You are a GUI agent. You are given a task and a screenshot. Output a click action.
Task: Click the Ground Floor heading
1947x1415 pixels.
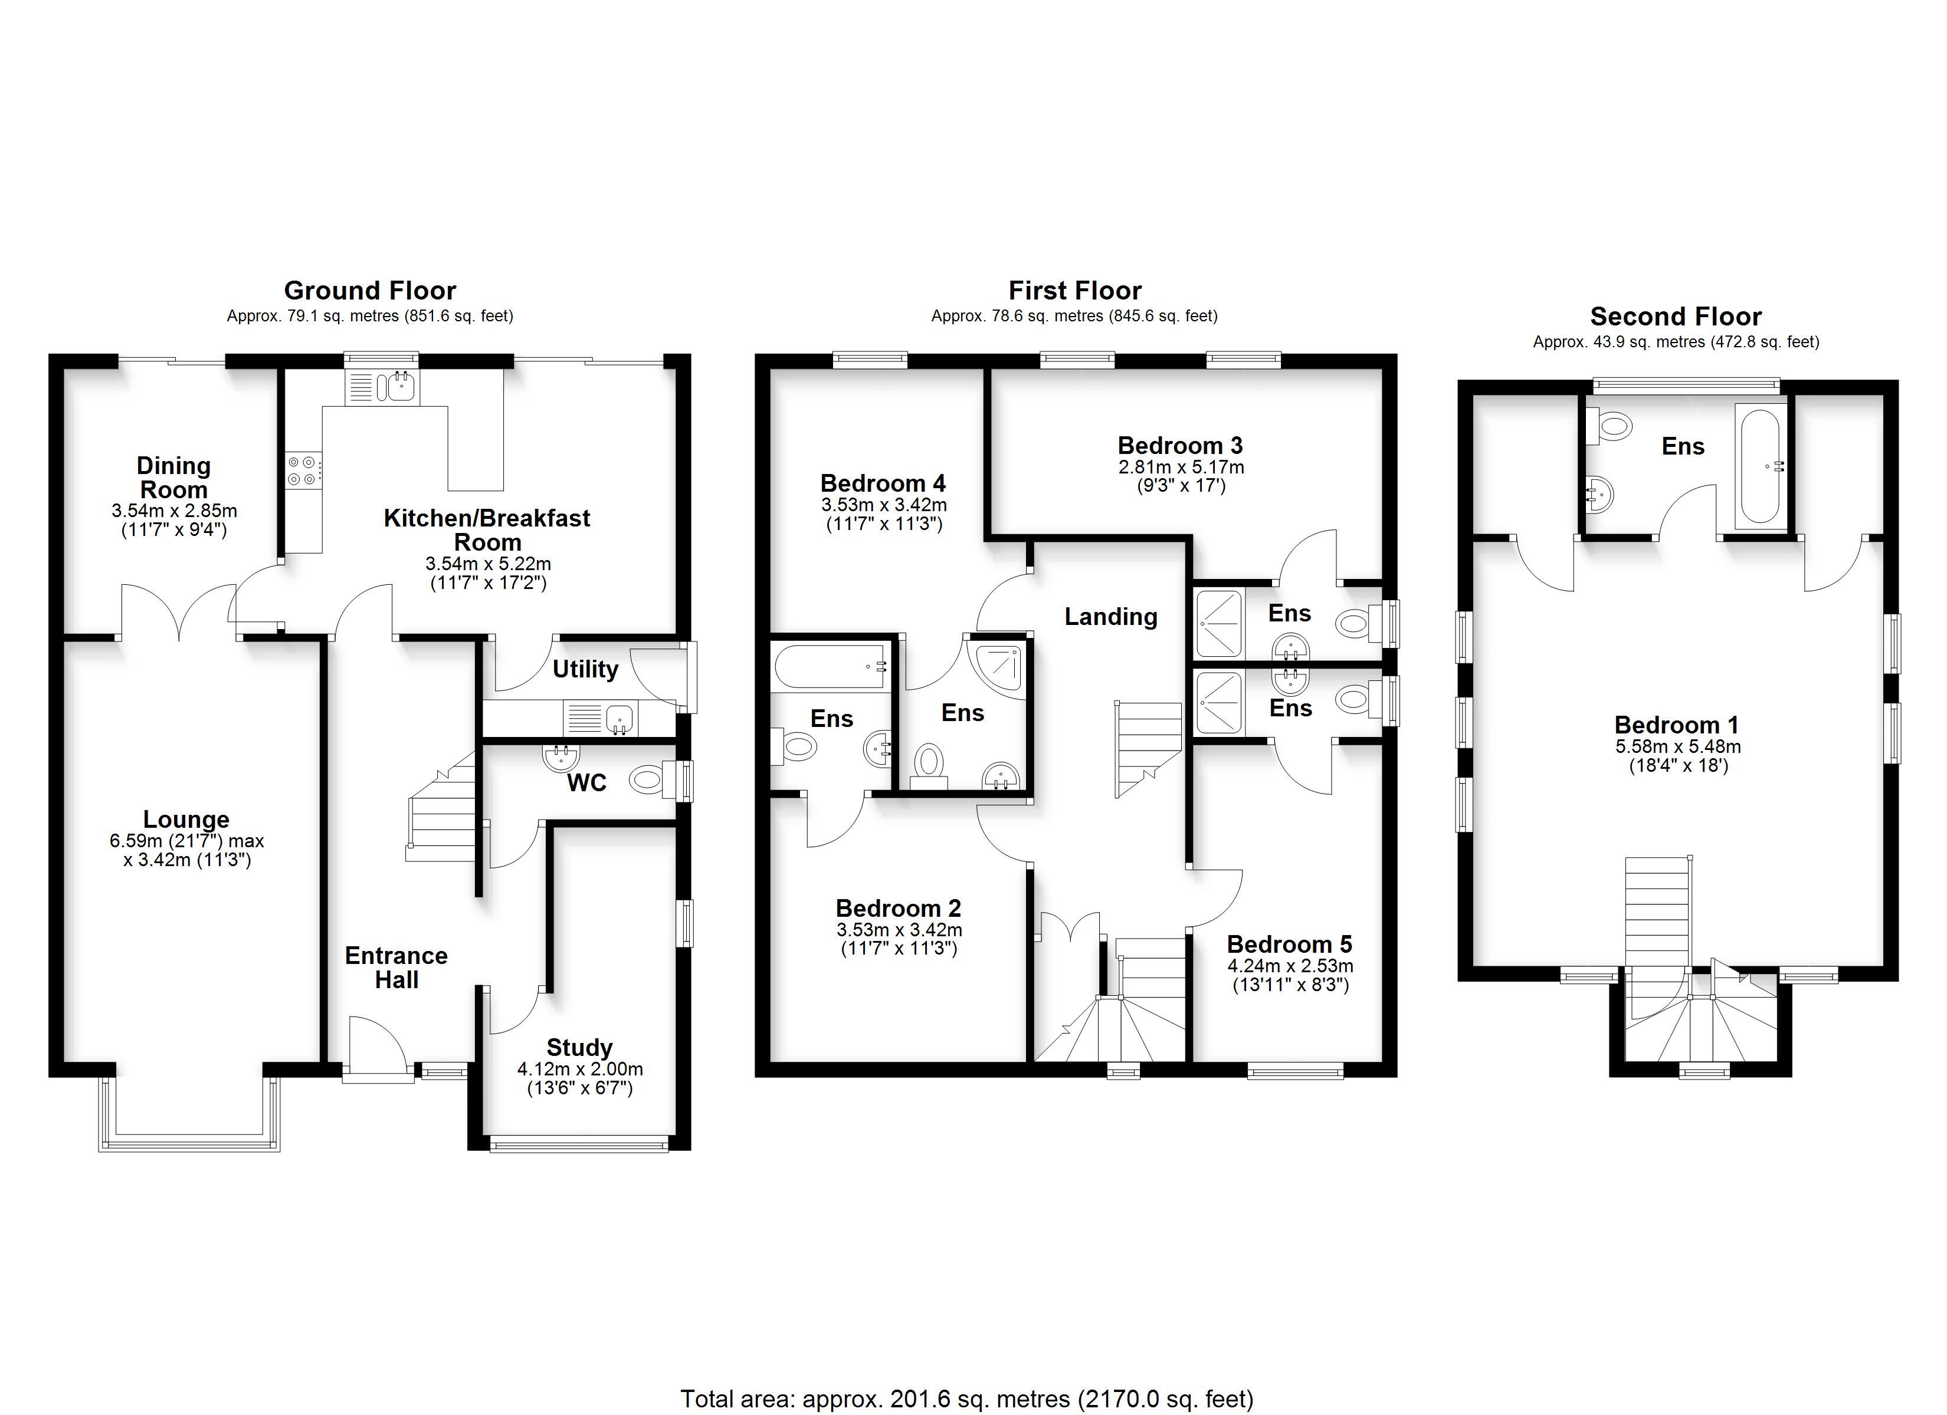click(x=370, y=290)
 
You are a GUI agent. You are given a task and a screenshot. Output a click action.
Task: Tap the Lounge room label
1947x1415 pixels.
click(x=186, y=820)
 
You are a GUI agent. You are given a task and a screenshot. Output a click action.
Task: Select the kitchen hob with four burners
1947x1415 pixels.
click(x=305, y=471)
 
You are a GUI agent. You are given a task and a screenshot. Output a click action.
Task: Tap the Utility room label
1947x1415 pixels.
click(x=585, y=669)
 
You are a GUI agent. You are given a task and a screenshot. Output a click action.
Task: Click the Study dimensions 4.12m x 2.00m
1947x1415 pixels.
click(x=581, y=1069)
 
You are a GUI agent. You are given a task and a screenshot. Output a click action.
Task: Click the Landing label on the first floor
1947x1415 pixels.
click(x=1111, y=617)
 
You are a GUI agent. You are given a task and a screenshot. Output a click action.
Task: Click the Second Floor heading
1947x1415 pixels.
click(x=1676, y=317)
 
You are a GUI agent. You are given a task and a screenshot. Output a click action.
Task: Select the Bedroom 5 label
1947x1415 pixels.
click(x=1289, y=944)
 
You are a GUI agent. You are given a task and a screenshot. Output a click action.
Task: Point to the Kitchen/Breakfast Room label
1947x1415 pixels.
click(x=487, y=530)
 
